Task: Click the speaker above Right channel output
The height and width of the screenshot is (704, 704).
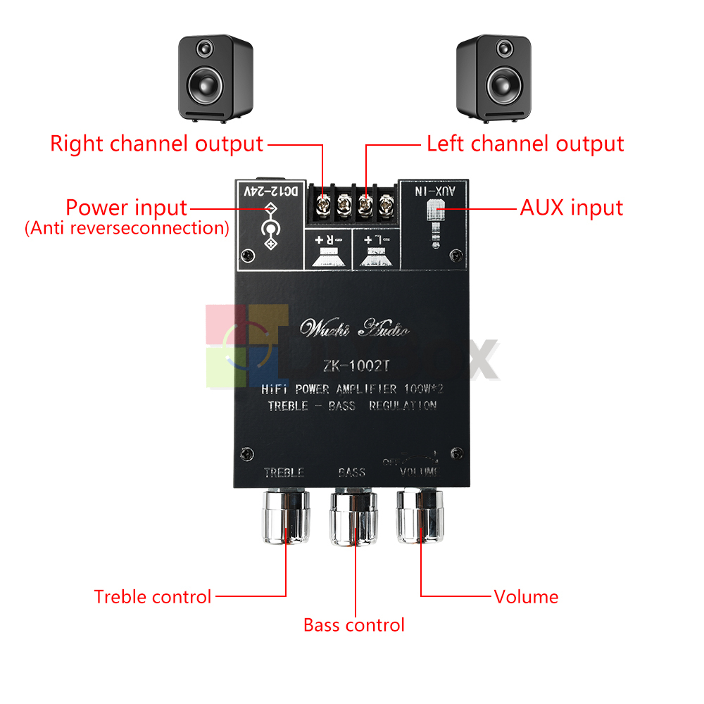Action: pos(215,77)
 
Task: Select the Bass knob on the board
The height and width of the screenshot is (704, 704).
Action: pos(355,517)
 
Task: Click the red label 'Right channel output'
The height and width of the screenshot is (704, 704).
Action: pos(156,144)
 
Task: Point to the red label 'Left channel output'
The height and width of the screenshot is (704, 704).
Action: pos(525,144)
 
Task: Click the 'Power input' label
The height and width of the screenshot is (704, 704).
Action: pos(127,208)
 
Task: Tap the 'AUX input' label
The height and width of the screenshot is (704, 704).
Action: pos(572,208)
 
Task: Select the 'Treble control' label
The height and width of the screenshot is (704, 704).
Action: pos(153,597)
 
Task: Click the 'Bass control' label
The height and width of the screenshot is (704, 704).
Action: pos(354,625)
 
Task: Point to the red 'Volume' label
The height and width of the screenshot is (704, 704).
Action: pos(526,597)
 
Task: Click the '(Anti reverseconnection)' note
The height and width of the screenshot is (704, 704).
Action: pos(127,228)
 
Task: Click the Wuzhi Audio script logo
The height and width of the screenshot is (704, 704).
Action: pos(354,328)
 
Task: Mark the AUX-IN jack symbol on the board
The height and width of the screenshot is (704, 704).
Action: pos(436,218)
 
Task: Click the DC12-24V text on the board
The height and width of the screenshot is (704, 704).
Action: pos(270,191)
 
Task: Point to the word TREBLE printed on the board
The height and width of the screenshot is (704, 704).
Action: pos(284,472)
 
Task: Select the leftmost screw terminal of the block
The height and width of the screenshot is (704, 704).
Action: pos(323,206)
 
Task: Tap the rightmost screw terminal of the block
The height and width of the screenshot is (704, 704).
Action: pos(385,206)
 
